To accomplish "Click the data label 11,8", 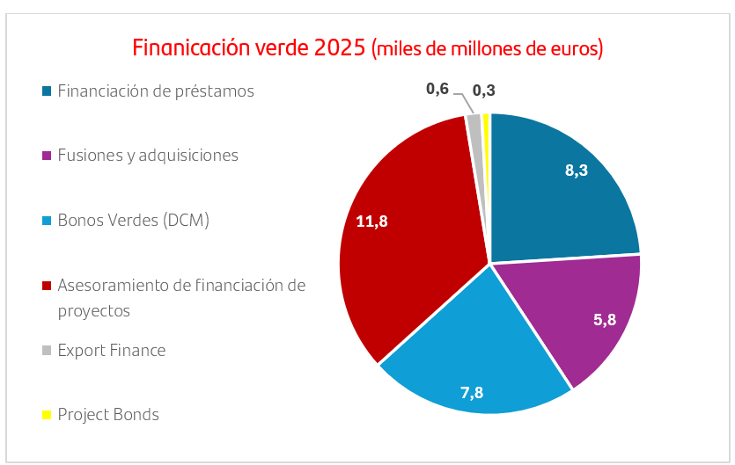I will pos(371,222).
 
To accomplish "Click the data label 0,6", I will pos(437,88).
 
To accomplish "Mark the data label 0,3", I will pos(483,90).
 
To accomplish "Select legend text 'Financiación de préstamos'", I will pos(156,91).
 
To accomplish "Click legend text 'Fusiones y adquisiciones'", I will pos(148,156).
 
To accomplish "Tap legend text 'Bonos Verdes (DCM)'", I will pos(133,220).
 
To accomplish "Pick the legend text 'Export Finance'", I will pos(111,350).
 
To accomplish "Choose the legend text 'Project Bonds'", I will pos(108,414).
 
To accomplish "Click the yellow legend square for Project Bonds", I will pos(46,414).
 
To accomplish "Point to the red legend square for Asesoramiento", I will pos(46,286).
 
